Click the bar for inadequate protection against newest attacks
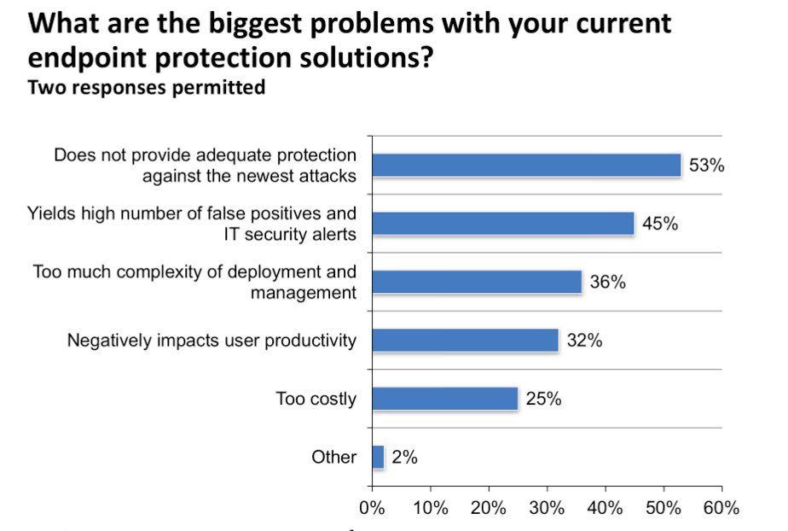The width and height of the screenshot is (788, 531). click(x=526, y=165)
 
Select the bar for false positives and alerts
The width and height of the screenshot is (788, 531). click(x=503, y=224)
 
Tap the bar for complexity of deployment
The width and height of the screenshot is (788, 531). click(x=477, y=282)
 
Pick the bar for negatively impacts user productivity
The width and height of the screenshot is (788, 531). click(x=465, y=341)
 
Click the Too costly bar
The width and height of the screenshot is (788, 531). click(x=444, y=399)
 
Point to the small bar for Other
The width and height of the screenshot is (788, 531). click(x=378, y=457)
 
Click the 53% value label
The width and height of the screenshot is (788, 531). click(x=706, y=166)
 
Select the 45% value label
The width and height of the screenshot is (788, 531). click(x=659, y=224)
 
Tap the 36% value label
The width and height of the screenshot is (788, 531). click(x=607, y=282)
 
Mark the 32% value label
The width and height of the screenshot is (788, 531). click(x=584, y=341)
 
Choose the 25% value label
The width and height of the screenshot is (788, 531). click(x=543, y=399)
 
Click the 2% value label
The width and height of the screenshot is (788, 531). click(x=404, y=458)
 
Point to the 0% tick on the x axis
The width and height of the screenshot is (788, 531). click(x=373, y=509)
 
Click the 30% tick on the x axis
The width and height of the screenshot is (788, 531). click(x=547, y=509)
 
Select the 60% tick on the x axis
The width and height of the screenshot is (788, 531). click(x=721, y=509)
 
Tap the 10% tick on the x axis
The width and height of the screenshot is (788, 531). click(x=431, y=509)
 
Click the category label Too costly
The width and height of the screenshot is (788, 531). click(x=316, y=399)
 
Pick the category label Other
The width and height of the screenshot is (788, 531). click(x=334, y=458)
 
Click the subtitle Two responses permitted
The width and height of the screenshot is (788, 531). click(x=147, y=87)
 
